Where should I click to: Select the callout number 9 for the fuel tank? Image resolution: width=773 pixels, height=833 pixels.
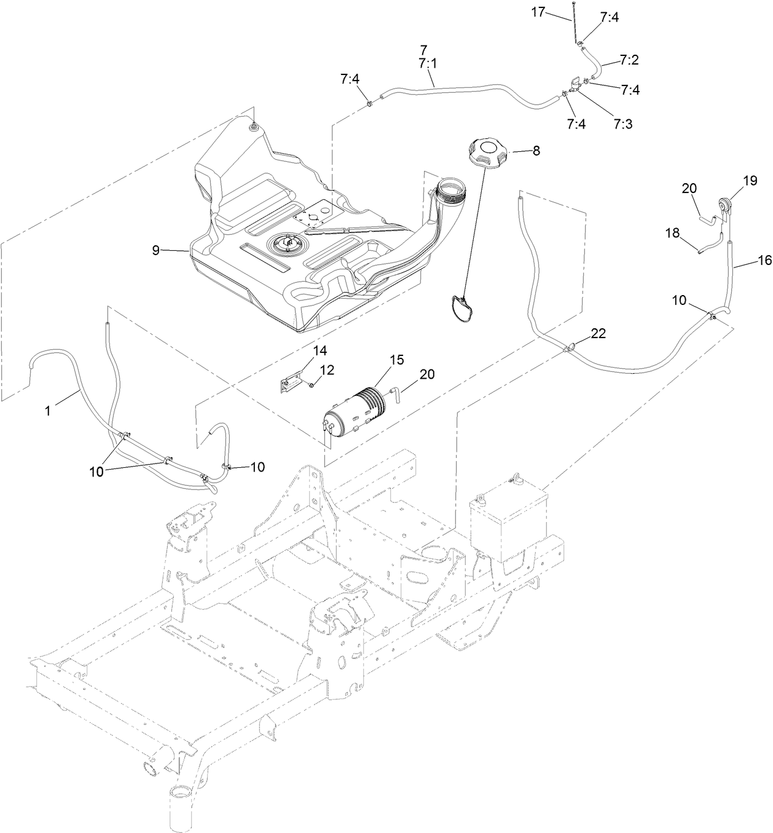pos(156,250)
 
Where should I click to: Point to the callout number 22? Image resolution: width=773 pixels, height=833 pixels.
pos(598,333)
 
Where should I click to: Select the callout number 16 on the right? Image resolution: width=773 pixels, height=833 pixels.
pos(764,260)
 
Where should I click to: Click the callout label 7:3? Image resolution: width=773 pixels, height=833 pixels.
pos(622,124)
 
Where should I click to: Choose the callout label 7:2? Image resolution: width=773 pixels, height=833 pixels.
pos(629,60)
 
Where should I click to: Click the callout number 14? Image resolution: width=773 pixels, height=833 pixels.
pos(320,350)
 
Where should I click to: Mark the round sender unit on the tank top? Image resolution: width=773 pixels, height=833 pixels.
pos(284,246)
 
